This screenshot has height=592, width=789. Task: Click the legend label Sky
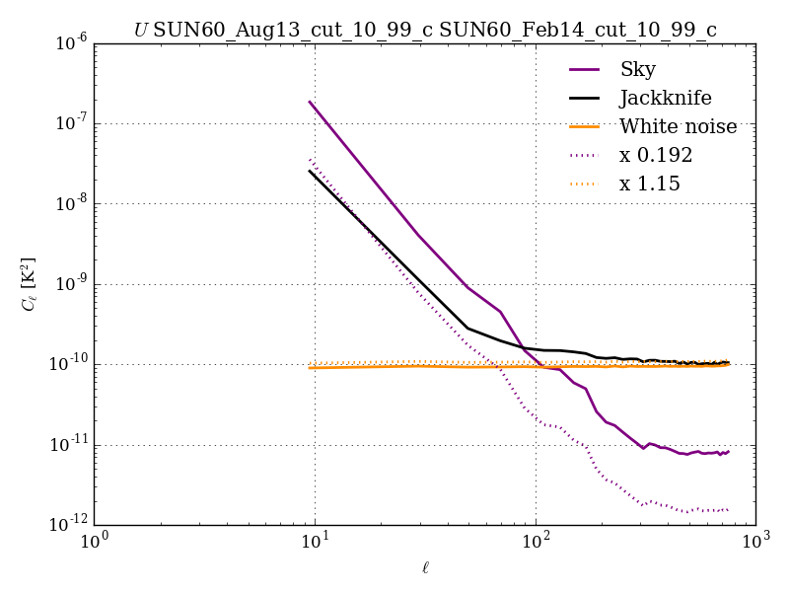637,70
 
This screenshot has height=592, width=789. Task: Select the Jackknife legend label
665,99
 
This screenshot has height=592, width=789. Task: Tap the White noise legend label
678,127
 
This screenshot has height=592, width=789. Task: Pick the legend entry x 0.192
656,156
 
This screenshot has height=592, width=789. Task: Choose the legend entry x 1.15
650,185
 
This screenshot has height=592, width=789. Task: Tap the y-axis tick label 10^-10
67,365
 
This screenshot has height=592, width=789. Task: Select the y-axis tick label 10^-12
67,525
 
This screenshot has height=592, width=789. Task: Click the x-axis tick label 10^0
94,543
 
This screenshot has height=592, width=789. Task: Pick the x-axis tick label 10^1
315,543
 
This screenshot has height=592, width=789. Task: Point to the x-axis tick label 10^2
536,543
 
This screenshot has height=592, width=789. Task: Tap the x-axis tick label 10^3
755,543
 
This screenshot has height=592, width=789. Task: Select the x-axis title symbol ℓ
425,568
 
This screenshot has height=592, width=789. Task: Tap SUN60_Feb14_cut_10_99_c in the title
578,31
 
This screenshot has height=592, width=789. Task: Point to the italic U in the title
141,31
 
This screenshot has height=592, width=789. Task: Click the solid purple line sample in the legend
587,70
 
